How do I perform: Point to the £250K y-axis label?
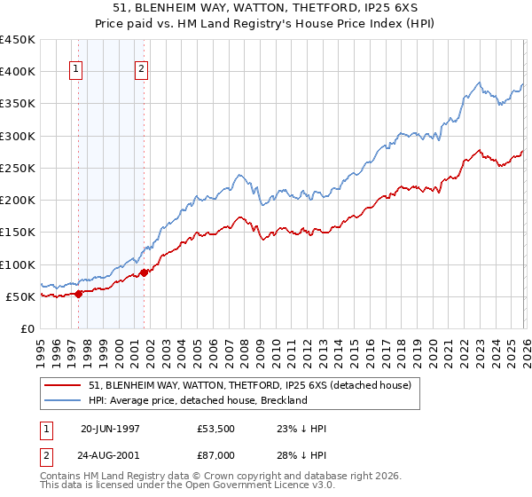click(18, 168)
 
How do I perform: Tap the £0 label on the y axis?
click(27, 328)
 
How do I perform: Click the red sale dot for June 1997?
click(79, 294)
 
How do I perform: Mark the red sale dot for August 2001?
click(145, 272)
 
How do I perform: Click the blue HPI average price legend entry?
click(197, 400)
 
